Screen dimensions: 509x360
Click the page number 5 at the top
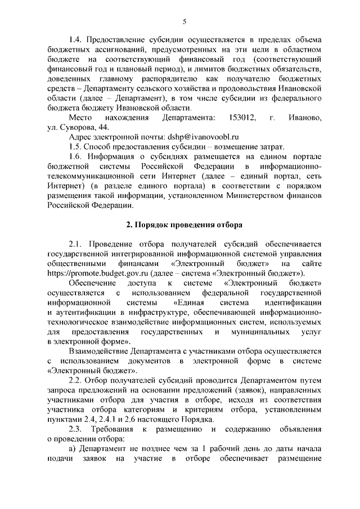click(184, 21)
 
